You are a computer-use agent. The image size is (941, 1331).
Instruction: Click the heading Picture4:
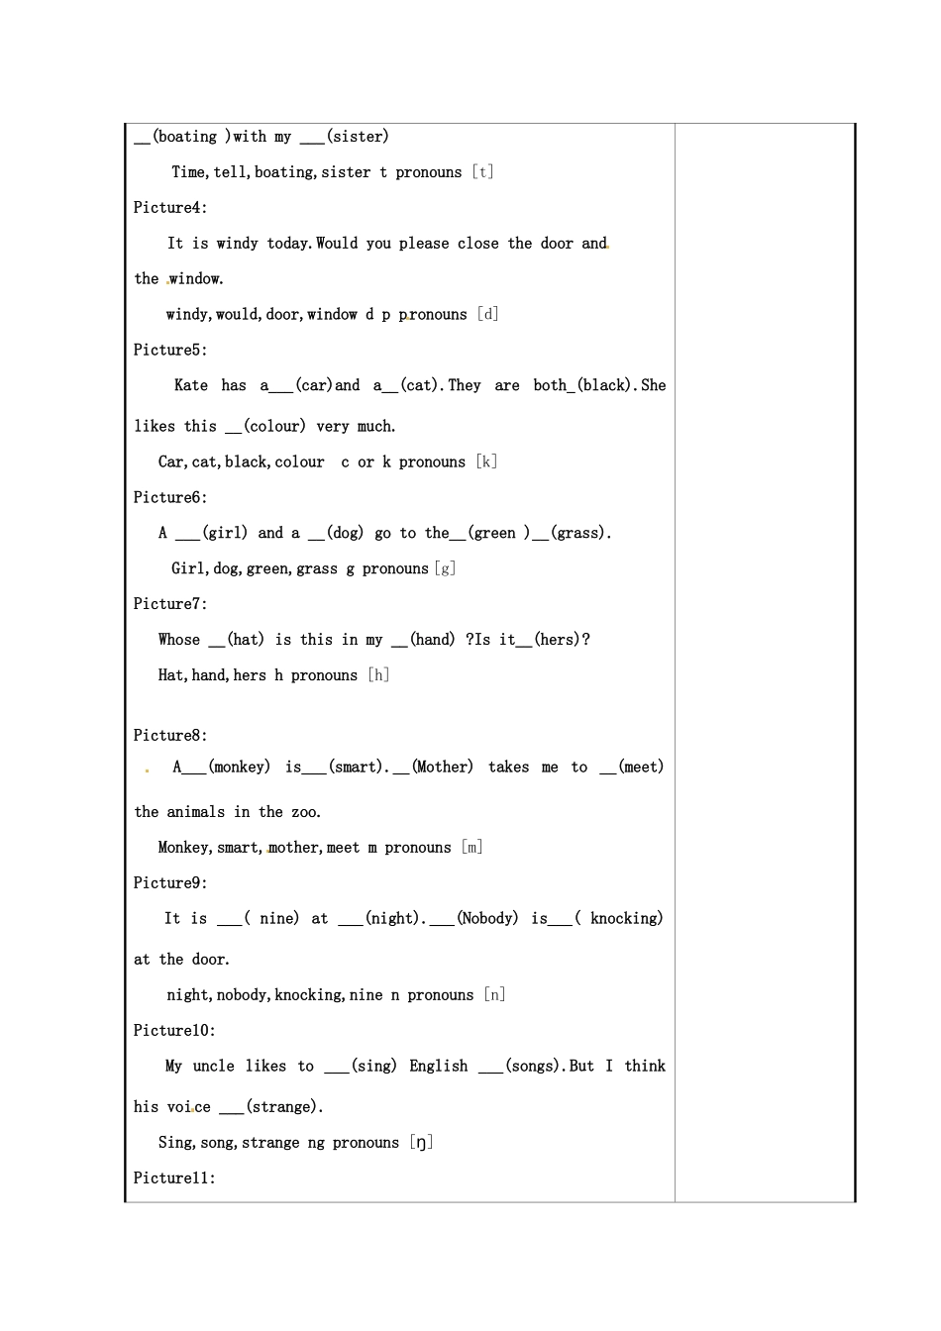(170, 208)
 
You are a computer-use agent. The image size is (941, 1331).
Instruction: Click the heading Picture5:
(170, 351)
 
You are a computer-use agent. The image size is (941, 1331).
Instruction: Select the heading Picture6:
(170, 498)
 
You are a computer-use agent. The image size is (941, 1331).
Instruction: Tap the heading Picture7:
(170, 604)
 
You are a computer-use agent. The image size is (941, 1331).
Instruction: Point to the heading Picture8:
(170, 736)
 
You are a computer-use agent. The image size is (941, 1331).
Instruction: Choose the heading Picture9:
(170, 883)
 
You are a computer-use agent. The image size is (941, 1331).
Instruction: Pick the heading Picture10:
(174, 1031)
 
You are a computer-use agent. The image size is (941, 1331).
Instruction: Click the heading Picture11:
(174, 1178)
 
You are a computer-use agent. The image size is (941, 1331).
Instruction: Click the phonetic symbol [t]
(482, 172)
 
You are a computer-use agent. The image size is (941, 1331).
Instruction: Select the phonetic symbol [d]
(487, 315)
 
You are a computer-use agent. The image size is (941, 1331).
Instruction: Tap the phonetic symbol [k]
(486, 462)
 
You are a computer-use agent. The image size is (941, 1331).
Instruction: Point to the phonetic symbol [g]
(445, 569)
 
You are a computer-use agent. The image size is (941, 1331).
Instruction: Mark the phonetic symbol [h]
(378, 675)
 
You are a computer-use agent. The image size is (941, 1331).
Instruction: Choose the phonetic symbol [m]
(472, 848)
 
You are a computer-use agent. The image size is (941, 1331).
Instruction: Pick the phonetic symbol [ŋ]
(422, 1143)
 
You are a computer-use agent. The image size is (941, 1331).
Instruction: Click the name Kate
(191, 386)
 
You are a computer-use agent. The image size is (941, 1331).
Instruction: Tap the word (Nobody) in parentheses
(487, 919)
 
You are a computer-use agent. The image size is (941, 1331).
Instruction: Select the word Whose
(179, 640)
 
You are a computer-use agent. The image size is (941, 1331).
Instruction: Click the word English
(439, 1067)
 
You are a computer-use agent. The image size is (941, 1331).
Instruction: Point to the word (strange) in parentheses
(284, 1107)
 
